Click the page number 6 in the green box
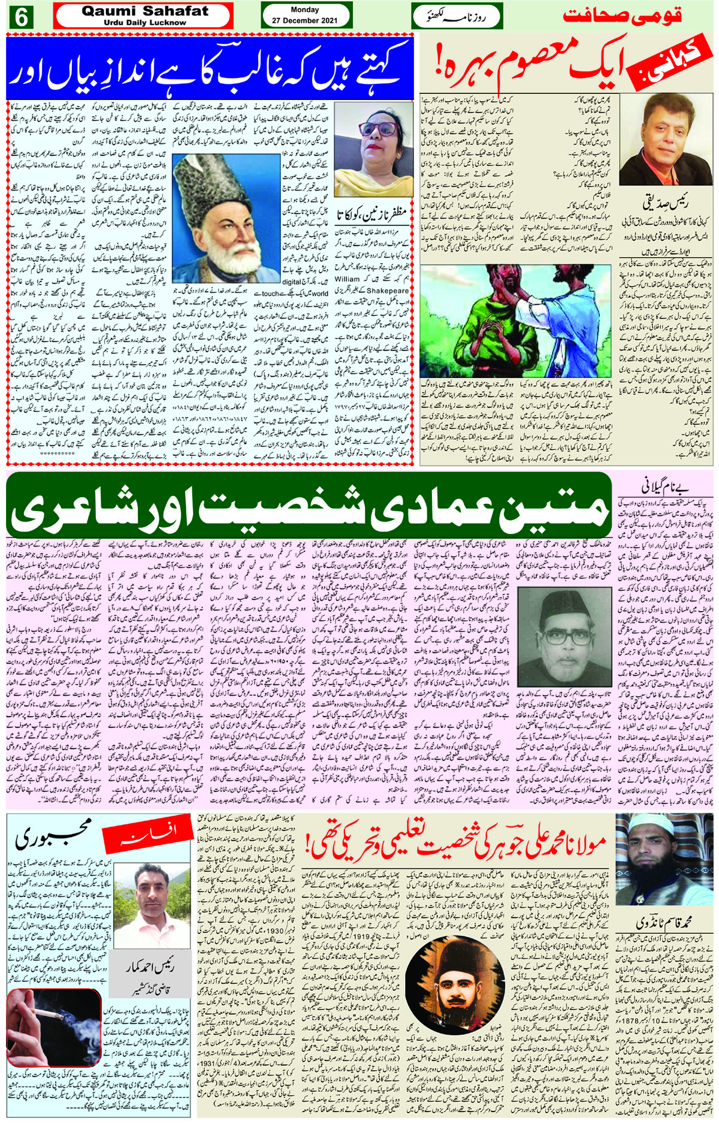[20, 17]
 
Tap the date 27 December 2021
[304, 20]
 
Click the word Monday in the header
[304, 10]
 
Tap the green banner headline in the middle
[309, 506]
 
